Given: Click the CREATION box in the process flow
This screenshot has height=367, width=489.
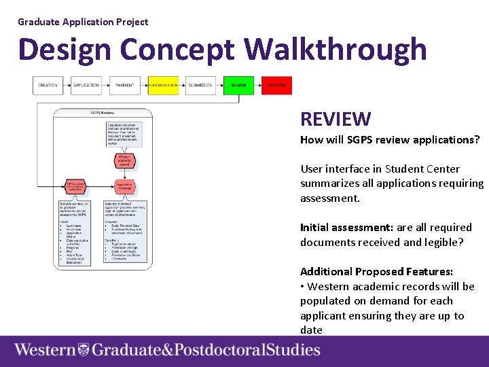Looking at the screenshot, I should pyautogui.click(x=48, y=86).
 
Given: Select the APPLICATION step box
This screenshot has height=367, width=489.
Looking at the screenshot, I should pyautogui.click(x=86, y=86).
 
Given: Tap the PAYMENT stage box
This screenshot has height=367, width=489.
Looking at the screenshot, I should pyautogui.click(x=124, y=86).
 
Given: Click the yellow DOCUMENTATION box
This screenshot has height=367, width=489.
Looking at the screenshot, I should pyautogui.click(x=163, y=86).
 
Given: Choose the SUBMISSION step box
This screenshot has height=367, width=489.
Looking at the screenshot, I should pyautogui.click(x=200, y=86).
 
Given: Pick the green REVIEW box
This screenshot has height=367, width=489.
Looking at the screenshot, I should pyautogui.click(x=238, y=86).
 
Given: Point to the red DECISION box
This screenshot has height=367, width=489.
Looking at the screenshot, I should pyautogui.click(x=276, y=86).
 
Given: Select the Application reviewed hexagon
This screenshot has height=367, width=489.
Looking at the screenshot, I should pyautogui.click(x=124, y=186).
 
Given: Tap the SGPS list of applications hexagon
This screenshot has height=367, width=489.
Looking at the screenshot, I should pyautogui.click(x=75, y=186).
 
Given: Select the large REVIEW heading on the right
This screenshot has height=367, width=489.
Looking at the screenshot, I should pyautogui.click(x=336, y=120).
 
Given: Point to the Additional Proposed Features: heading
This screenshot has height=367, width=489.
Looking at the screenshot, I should pyautogui.click(x=376, y=272).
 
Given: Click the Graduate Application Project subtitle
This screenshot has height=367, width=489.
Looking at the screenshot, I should pyautogui.click(x=83, y=22).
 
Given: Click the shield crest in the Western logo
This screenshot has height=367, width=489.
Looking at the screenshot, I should pyautogui.click(x=84, y=351).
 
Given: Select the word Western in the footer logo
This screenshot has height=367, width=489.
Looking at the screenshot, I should pyautogui.click(x=45, y=351).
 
